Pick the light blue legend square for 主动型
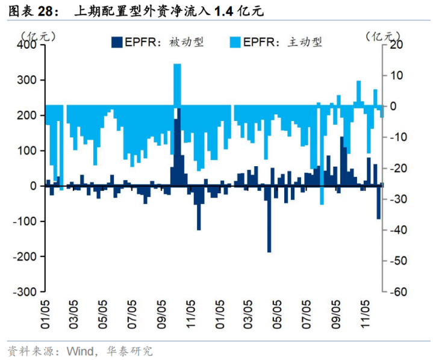234,42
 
